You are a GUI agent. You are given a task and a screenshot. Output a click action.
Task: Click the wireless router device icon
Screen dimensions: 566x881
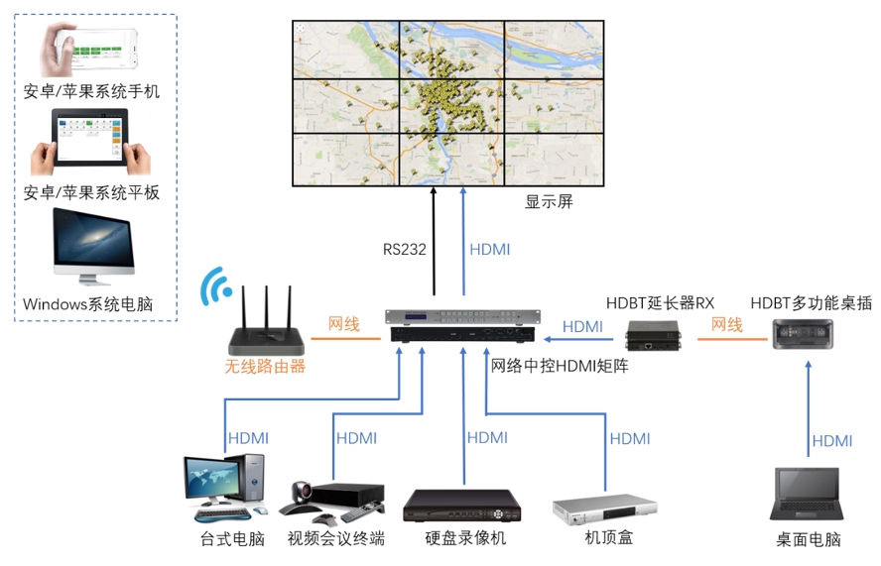click(x=266, y=323)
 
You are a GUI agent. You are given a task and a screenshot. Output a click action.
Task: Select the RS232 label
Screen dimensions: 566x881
click(x=405, y=250)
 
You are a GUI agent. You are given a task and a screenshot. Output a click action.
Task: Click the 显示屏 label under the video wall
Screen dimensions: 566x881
click(x=549, y=202)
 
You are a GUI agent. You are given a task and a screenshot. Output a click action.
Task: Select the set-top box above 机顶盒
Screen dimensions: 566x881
click(x=604, y=509)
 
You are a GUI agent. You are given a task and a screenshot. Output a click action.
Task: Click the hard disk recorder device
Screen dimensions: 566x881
click(x=461, y=507)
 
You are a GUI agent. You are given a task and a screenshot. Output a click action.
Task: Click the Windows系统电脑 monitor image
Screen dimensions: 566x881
click(x=92, y=244)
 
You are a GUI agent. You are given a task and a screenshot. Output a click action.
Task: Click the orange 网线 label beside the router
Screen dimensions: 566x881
click(x=344, y=324)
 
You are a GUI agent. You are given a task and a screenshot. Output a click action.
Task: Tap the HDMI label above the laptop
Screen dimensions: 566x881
click(x=831, y=441)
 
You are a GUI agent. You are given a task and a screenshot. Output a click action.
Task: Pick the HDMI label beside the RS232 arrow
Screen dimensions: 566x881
click(x=489, y=250)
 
